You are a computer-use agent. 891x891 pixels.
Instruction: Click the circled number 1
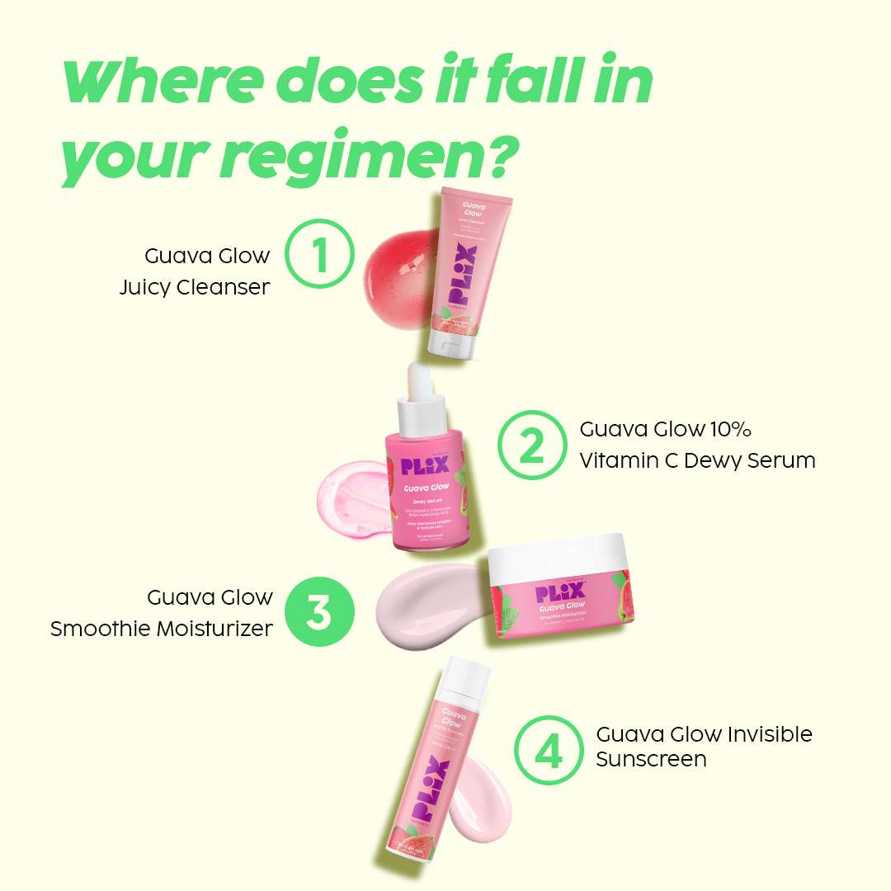pos(320,253)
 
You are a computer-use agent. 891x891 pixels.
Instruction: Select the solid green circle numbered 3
pos(320,613)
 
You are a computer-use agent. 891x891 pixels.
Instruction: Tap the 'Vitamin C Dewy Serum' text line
pos(697,460)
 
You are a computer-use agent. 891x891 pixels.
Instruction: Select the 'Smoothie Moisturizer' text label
pos(162,629)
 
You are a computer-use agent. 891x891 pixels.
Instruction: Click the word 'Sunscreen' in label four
pos(651,759)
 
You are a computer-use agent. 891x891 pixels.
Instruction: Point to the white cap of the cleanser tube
pos(448,343)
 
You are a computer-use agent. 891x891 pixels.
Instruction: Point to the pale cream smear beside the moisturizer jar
pos(429,607)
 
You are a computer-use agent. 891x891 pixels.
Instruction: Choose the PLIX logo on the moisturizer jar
pos(560,592)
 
